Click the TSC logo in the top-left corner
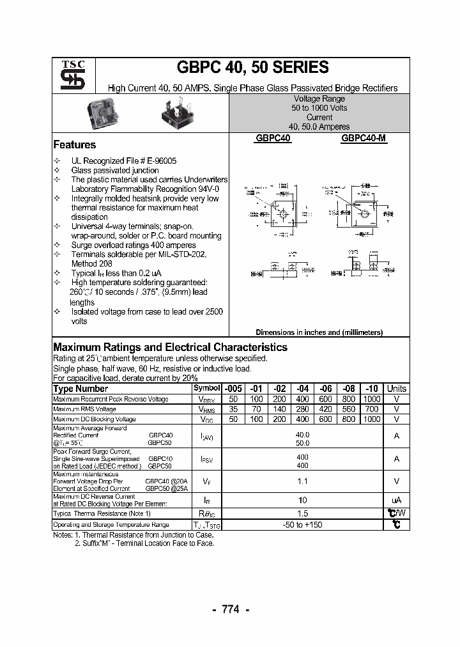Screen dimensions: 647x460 pyautogui.click(x=68, y=75)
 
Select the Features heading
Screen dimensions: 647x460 pyautogui.click(x=74, y=144)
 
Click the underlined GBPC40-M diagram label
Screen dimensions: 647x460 pyautogui.click(x=364, y=137)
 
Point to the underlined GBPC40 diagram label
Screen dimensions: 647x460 pyautogui.click(x=273, y=137)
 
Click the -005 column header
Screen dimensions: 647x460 pyautogui.click(x=233, y=389)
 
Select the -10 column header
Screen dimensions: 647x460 pyautogui.click(x=372, y=389)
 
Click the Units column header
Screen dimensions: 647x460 pyautogui.click(x=396, y=389)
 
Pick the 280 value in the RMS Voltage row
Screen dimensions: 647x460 pyautogui.click(x=302, y=409)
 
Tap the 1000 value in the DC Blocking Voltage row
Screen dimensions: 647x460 pyautogui.click(x=372, y=419)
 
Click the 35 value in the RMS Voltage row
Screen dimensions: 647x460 pyautogui.click(x=233, y=409)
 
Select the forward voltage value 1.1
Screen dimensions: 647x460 pyautogui.click(x=302, y=481)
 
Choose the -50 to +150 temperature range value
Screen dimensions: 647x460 pyautogui.click(x=302, y=524)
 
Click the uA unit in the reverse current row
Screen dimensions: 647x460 pyautogui.click(x=396, y=500)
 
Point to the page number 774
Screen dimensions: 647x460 pyautogui.click(x=230, y=609)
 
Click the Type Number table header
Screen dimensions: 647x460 pyautogui.click(x=80, y=389)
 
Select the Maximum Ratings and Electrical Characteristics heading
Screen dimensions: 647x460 pyautogui.click(x=170, y=347)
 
